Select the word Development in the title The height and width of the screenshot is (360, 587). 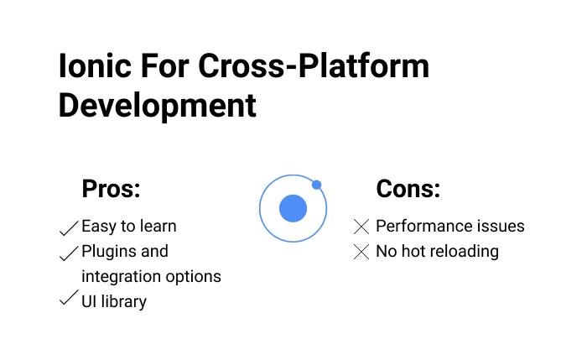(157, 106)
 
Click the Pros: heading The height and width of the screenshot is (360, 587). (111, 189)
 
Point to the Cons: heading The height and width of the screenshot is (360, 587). (408, 189)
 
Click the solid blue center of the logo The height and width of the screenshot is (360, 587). (293, 208)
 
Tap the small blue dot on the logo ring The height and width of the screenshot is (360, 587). (316, 185)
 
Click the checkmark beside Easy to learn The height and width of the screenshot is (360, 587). (69, 227)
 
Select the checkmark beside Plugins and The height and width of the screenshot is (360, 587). (69, 253)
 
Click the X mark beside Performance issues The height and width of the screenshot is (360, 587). (361, 227)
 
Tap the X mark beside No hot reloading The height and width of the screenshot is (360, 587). (361, 252)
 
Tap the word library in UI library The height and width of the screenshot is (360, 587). (124, 301)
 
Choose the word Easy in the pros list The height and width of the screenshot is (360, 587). (98, 227)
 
